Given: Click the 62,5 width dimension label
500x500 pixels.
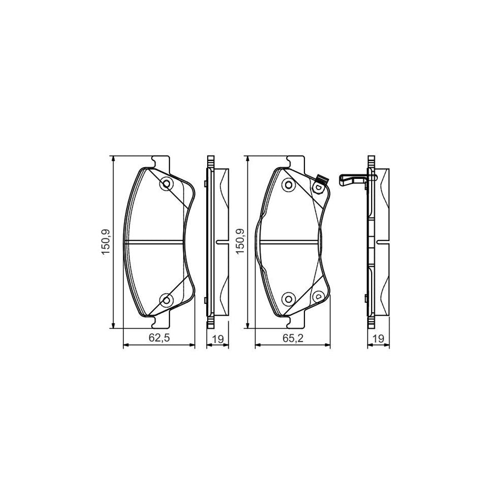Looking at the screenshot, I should click(159, 337).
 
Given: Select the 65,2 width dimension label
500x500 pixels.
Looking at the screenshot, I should click(292, 337).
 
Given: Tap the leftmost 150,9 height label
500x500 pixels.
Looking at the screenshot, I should click(106, 242).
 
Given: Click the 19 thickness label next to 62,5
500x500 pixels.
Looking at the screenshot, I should click(217, 337).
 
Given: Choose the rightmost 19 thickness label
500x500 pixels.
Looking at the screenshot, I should click(378, 337).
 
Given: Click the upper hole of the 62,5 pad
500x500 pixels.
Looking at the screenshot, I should click(166, 183).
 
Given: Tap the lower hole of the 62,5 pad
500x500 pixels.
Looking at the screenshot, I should click(166, 300).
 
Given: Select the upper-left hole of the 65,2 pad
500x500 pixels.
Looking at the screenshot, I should click(288, 184).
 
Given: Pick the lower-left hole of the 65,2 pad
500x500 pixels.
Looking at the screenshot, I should click(288, 299).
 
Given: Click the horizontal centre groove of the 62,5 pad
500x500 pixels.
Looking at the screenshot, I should click(156, 242).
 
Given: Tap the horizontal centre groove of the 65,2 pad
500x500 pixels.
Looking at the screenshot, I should click(289, 242).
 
